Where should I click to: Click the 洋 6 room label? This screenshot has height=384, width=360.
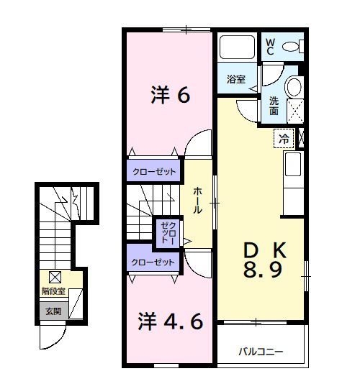click(170, 96)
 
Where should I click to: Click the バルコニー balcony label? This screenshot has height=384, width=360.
click(261, 352)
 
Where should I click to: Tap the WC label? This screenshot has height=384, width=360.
click(269, 47)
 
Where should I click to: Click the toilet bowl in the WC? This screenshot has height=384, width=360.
click(292, 47)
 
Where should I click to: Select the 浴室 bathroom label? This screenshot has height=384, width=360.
click(235, 80)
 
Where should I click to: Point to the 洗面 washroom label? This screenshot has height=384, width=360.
click(274, 106)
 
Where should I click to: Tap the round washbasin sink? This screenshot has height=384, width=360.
click(294, 87)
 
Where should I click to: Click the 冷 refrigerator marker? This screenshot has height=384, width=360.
click(284, 138)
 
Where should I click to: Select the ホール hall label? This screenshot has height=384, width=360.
click(197, 199)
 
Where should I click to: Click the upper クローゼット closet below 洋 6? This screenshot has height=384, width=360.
click(153, 171)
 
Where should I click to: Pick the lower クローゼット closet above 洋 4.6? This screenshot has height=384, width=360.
click(153, 262)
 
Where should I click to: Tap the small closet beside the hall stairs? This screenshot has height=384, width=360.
click(168, 232)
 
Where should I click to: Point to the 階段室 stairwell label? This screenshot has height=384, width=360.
click(54, 292)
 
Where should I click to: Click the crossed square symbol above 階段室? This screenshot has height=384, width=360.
click(55, 277)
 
